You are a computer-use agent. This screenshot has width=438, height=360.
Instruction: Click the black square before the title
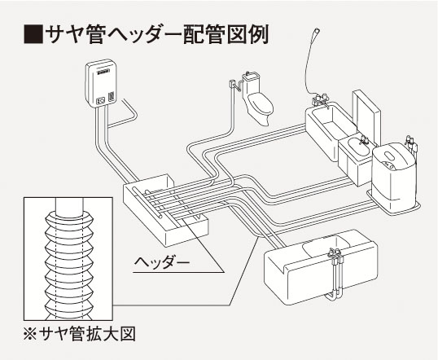[33, 34]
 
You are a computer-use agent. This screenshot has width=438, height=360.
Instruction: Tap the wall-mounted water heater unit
[101, 83]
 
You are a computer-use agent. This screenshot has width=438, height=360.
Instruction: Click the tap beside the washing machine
[411, 143]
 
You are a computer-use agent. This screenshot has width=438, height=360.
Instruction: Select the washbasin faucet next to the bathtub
[364, 140]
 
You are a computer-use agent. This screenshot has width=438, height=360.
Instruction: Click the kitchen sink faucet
[335, 253]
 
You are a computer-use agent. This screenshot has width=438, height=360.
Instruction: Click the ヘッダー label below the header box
[162, 262]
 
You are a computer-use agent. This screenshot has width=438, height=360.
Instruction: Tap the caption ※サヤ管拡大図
[79, 334]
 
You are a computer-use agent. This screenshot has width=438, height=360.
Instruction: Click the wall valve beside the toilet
[231, 84]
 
